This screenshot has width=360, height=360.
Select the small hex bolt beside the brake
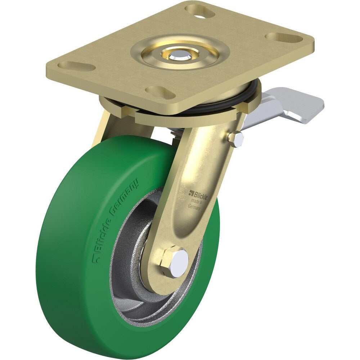[x=236, y=139]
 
